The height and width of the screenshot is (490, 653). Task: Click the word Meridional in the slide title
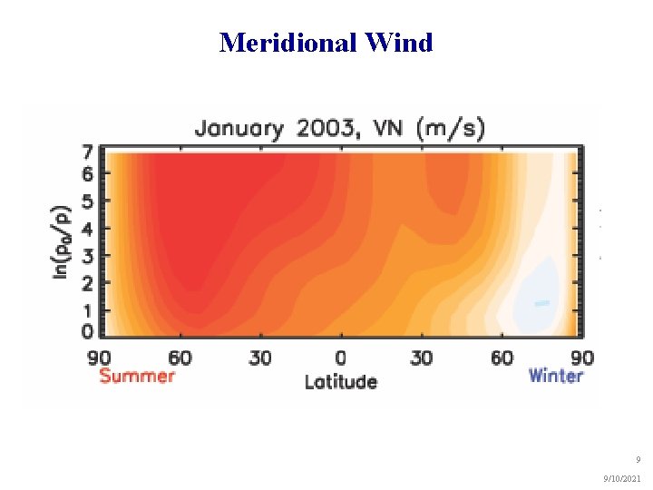287,43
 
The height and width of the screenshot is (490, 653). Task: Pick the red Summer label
136,376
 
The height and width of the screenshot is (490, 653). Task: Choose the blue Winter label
555,376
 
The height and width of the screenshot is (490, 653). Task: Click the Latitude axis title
340,381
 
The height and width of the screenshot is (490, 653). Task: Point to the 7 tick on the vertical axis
87,152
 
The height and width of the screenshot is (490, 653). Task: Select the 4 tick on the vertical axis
87,228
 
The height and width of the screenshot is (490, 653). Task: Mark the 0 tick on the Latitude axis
340,358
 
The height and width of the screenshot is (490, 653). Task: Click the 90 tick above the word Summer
99,358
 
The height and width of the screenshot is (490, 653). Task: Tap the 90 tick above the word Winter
581,358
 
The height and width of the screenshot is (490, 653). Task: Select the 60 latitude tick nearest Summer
180,358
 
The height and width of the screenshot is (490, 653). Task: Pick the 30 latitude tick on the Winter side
421,358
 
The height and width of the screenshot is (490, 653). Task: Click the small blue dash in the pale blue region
541,303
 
